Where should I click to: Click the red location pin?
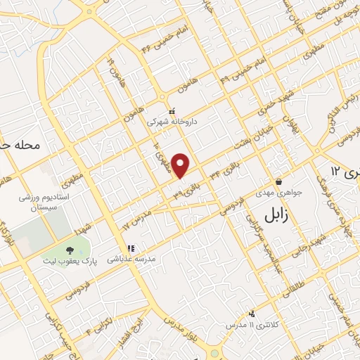(x=181, y=165)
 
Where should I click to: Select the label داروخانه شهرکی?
(x=172, y=121)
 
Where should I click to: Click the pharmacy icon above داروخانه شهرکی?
(x=172, y=110)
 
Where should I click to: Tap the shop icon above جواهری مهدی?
(x=278, y=181)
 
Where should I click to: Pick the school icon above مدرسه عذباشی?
(x=130, y=248)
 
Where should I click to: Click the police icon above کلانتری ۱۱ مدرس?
(x=252, y=314)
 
